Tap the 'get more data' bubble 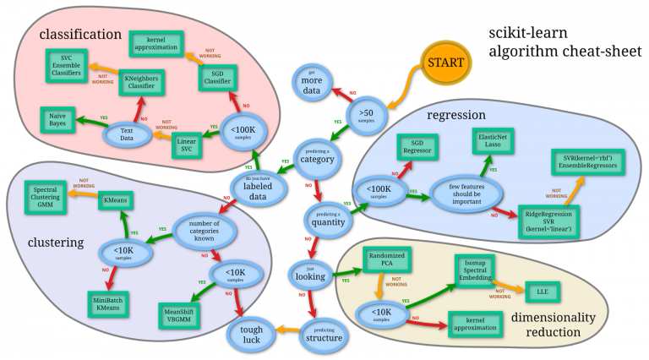[x=314, y=83]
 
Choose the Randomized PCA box [x=388, y=259]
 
